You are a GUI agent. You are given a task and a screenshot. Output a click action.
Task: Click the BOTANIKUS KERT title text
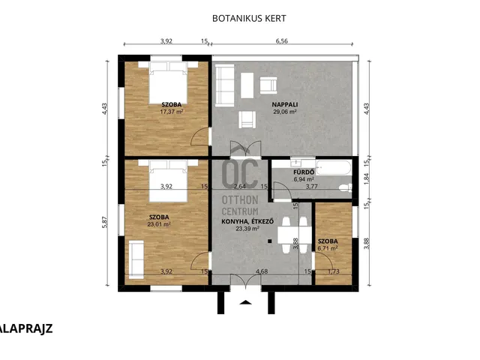249,18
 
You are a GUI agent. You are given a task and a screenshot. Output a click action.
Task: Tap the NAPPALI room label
285,105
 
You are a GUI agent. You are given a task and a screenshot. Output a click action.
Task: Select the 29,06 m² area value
285,112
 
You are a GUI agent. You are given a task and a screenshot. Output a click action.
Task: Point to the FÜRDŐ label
304,172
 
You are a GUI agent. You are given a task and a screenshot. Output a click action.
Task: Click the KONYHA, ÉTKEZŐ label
247,222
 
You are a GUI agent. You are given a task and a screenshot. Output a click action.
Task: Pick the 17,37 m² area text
172,112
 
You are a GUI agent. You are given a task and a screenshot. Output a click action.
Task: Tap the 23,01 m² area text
159,224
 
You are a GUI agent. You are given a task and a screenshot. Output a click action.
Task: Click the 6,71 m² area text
328,248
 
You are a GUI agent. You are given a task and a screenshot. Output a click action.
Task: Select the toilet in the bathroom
345,188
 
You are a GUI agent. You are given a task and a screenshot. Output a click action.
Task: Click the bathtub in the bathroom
333,167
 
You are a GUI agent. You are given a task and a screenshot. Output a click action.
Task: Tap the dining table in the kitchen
295,235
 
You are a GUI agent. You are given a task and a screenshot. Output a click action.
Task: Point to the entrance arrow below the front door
245,303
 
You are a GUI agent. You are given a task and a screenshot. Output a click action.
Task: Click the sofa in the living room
225,85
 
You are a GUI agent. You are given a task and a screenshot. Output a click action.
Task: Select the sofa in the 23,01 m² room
136,259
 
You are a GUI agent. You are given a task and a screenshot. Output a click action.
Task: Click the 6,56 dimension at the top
282,41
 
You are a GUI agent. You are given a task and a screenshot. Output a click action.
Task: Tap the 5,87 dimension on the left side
105,222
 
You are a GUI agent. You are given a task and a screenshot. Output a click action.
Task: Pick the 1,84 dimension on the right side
367,178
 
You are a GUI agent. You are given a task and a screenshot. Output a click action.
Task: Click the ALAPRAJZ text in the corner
26,328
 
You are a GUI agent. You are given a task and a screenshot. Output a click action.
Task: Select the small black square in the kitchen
270,241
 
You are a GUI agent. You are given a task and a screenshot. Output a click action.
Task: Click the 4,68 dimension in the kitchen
262,271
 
